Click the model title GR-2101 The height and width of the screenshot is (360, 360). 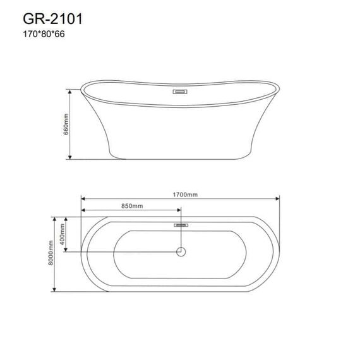(52, 19)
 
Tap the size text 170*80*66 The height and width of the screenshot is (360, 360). (44, 34)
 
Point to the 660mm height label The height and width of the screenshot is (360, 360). (66, 124)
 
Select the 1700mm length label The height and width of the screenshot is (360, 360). (185, 195)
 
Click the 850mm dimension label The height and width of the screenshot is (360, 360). (132, 206)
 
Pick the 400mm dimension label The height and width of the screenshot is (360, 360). (62, 234)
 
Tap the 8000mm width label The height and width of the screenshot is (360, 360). (51, 253)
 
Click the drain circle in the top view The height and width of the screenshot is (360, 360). (181, 252)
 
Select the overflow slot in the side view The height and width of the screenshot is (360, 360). (180, 92)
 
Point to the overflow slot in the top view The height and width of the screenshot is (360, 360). (181, 225)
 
